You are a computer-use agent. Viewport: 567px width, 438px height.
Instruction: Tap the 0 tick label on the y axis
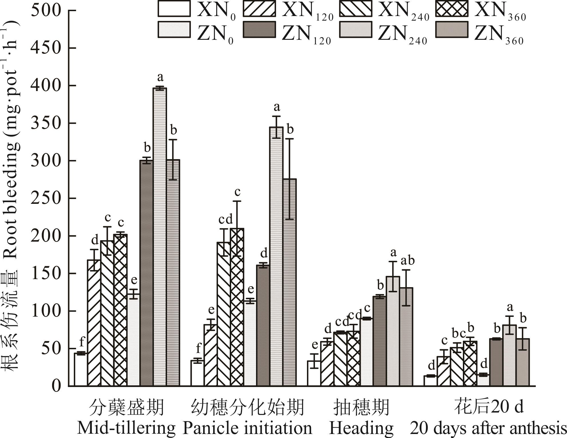pos(56,386)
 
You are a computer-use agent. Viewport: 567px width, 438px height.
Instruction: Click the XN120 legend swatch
pos(260,9)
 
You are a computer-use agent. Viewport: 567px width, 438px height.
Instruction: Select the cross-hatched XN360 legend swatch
pos(452,9)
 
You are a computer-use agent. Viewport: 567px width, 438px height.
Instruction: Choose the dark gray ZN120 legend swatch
pos(260,29)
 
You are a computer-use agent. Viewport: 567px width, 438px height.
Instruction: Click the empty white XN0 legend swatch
pos(174,9)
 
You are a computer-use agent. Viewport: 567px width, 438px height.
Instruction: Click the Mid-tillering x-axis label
pos(126,429)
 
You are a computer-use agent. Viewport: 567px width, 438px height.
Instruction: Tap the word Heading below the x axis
pos(362,429)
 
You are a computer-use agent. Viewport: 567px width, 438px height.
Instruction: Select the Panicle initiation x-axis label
pos(247,429)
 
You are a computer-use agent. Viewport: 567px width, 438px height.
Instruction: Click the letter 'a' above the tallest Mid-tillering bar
pos(160,77)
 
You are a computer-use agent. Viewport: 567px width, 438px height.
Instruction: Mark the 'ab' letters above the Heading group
pos(407,261)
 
